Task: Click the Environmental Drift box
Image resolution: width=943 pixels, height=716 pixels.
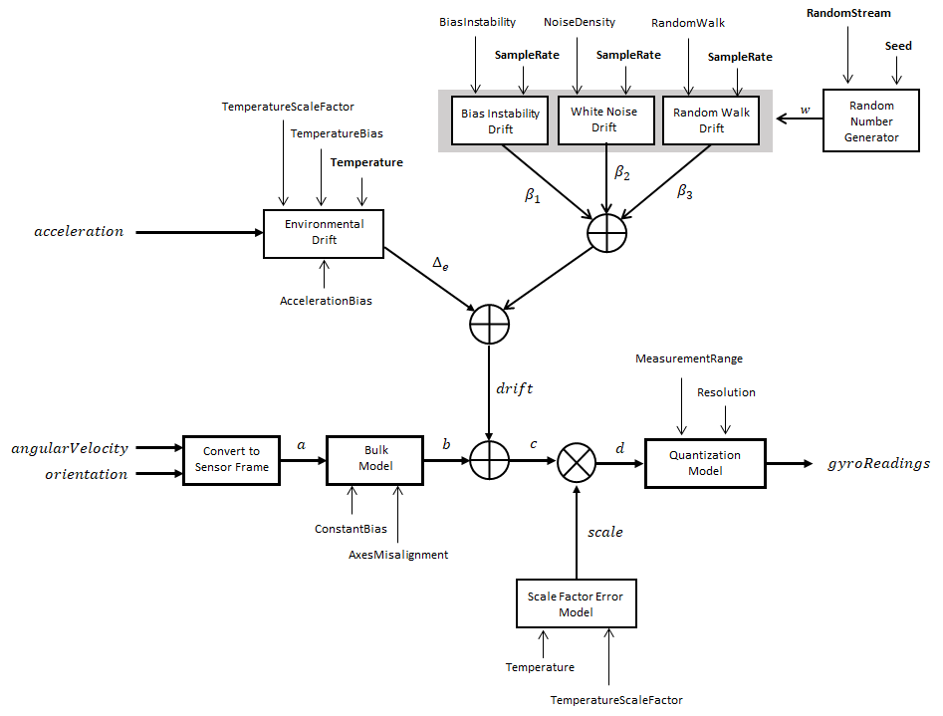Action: pos(324,233)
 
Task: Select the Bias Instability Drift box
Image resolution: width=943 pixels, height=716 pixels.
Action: pos(500,120)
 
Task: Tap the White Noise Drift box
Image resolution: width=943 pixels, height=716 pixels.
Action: pos(604,119)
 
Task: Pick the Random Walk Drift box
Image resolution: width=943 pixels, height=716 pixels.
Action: pos(711,120)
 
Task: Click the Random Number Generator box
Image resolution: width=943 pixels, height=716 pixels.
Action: pos(871,121)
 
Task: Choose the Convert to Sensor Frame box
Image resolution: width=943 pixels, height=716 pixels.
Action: pos(231,459)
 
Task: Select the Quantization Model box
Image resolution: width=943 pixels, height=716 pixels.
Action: pos(705,462)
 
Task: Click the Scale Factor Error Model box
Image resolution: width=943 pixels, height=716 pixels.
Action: pos(575,603)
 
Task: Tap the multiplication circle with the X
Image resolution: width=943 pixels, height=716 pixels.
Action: pos(576,462)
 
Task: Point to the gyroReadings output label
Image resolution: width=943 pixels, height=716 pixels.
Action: pos(878,463)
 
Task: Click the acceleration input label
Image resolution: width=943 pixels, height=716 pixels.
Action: pos(79,232)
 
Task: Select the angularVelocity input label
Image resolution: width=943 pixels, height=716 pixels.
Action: pos(70,449)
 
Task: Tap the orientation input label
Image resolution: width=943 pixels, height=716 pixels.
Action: pos(86,474)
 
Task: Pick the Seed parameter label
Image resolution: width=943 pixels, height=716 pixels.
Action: pos(898,47)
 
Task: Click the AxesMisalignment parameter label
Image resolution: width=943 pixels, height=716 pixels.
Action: pos(398,555)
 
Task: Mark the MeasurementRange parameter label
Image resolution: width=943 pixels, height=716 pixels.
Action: pos(688,358)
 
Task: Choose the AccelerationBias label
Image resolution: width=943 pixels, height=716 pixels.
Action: pos(326,300)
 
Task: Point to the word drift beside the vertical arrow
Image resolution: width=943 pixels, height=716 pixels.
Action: pos(514,388)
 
